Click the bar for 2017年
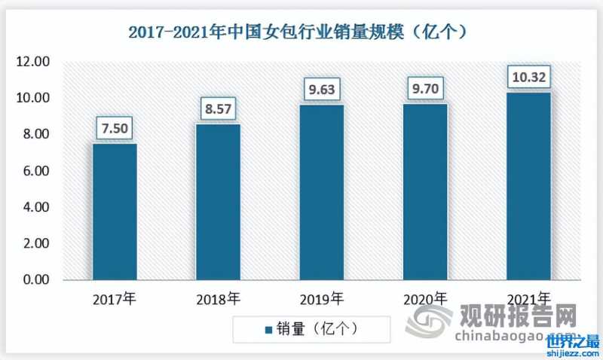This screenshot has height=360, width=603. point(115,212)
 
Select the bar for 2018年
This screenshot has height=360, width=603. point(218,202)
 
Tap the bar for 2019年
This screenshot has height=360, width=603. point(321,192)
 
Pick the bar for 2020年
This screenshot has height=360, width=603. point(425,191)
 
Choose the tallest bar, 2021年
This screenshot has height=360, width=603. point(528,186)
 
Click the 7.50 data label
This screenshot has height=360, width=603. point(115,128)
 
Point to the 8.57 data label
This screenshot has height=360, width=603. point(218,108)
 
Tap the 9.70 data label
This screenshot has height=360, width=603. point(425,88)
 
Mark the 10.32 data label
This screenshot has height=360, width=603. point(528,77)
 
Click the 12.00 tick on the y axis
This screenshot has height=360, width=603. point(33,62)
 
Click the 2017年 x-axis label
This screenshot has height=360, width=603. point(115,299)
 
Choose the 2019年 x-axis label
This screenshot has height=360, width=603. point(321,299)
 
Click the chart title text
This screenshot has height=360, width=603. point(301,32)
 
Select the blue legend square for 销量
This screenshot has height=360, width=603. point(268,329)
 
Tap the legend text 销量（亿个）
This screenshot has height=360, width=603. point(317,329)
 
